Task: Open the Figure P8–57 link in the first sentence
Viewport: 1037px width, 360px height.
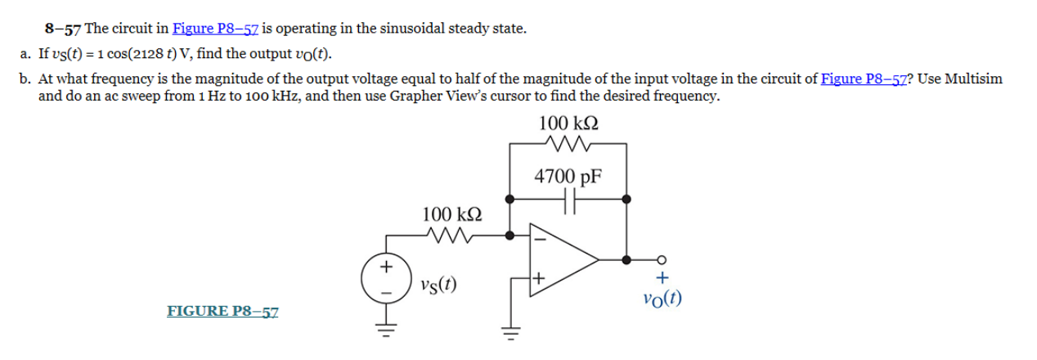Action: pos(215,29)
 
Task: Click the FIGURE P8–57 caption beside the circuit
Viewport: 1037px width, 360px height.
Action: pos(222,311)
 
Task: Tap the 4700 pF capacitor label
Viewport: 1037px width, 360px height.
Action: pos(568,176)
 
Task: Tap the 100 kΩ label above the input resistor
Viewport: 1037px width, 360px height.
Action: pos(451,214)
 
